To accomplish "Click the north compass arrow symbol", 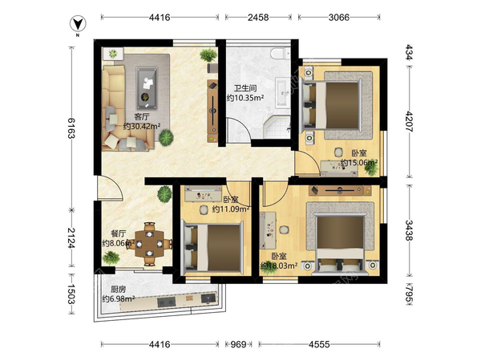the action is click(78, 24).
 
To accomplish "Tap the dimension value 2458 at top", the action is click(258, 18).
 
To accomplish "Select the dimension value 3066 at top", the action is click(339, 18).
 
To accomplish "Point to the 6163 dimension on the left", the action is click(71, 128).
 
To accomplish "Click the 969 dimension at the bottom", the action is click(238, 344).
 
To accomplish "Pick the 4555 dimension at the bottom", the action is click(319, 344).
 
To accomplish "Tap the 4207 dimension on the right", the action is click(410, 121).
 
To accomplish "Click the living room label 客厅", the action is click(142, 117).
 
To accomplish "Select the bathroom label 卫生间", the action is click(245, 89).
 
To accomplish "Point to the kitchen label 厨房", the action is click(118, 290).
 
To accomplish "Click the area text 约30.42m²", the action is click(143, 126).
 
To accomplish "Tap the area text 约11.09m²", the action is click(230, 209).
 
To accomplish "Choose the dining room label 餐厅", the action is click(118, 234).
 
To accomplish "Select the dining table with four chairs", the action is click(150, 244).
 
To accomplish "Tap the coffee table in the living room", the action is click(147, 88).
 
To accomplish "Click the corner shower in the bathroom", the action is click(277, 128).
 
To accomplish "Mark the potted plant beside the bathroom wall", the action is click(208, 55).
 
